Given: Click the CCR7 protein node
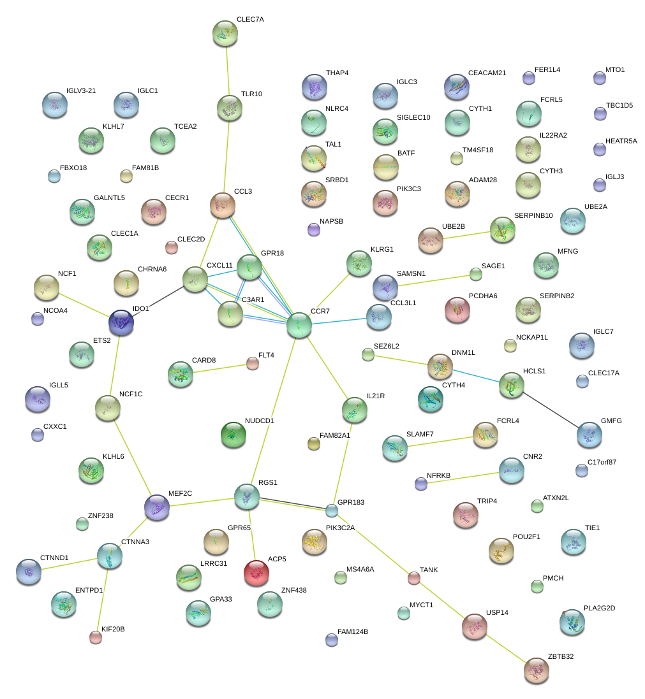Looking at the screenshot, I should [299, 325].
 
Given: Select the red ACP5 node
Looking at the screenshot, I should [256, 573].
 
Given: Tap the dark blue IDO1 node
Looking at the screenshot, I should [121, 323].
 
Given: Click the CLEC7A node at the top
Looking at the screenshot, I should [225, 34].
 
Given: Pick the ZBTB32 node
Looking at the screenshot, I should [537, 670].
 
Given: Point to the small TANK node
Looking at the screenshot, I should [414, 578].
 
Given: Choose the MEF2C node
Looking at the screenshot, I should [156, 507].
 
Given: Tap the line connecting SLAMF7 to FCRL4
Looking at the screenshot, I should [440, 442].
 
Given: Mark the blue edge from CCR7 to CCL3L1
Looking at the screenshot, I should [339, 321].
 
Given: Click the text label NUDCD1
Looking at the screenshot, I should [259, 421].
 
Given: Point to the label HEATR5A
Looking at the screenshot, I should [621, 141].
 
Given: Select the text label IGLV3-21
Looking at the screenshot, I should [81, 90].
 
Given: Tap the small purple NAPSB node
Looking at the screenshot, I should [313, 229].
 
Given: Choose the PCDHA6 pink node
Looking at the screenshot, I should [457, 309].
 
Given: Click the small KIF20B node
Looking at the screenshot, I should [96, 637].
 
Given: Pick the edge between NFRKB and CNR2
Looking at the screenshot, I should [459, 479].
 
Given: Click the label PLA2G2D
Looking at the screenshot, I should [599, 608].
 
